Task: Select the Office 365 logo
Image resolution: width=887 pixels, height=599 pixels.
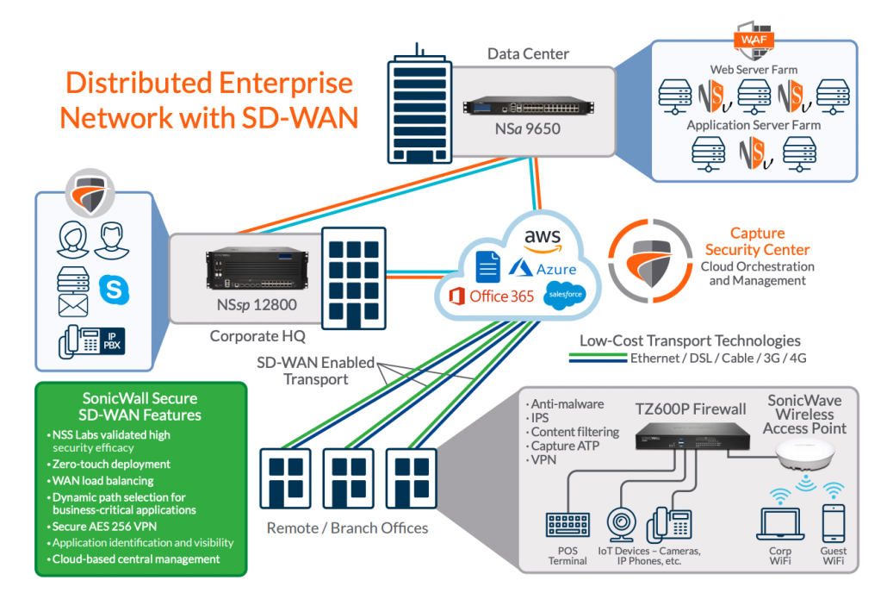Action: point(490,296)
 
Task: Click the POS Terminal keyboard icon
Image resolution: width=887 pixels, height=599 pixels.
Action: point(567,524)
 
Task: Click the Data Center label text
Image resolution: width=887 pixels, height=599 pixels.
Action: point(528,54)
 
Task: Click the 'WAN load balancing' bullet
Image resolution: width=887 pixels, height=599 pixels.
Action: point(104,480)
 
